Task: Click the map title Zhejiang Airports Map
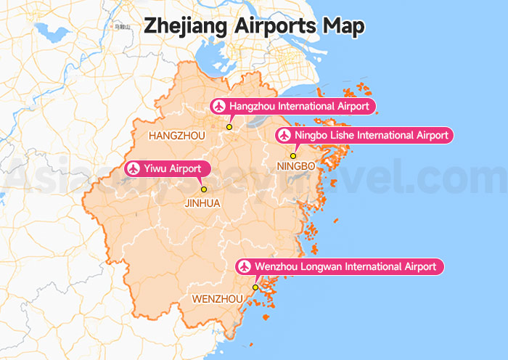pyautogui.click(x=254, y=25)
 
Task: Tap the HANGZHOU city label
pyautogui.click(x=176, y=136)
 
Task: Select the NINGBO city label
pyautogui.click(x=296, y=167)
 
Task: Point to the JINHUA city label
pyautogui.click(x=202, y=203)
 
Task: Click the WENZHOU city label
pyautogui.click(x=217, y=299)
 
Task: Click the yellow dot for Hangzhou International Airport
pyautogui.click(x=229, y=127)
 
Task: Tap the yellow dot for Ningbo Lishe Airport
pyautogui.click(x=293, y=155)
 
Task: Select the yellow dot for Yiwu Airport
pyautogui.click(x=204, y=189)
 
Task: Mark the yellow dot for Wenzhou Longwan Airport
pyautogui.click(x=255, y=287)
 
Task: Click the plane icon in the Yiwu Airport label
pyautogui.click(x=133, y=169)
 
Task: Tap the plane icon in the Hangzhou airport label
pyautogui.click(x=218, y=107)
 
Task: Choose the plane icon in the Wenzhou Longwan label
pyautogui.click(x=245, y=267)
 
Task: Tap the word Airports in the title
pyautogui.click(x=277, y=25)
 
